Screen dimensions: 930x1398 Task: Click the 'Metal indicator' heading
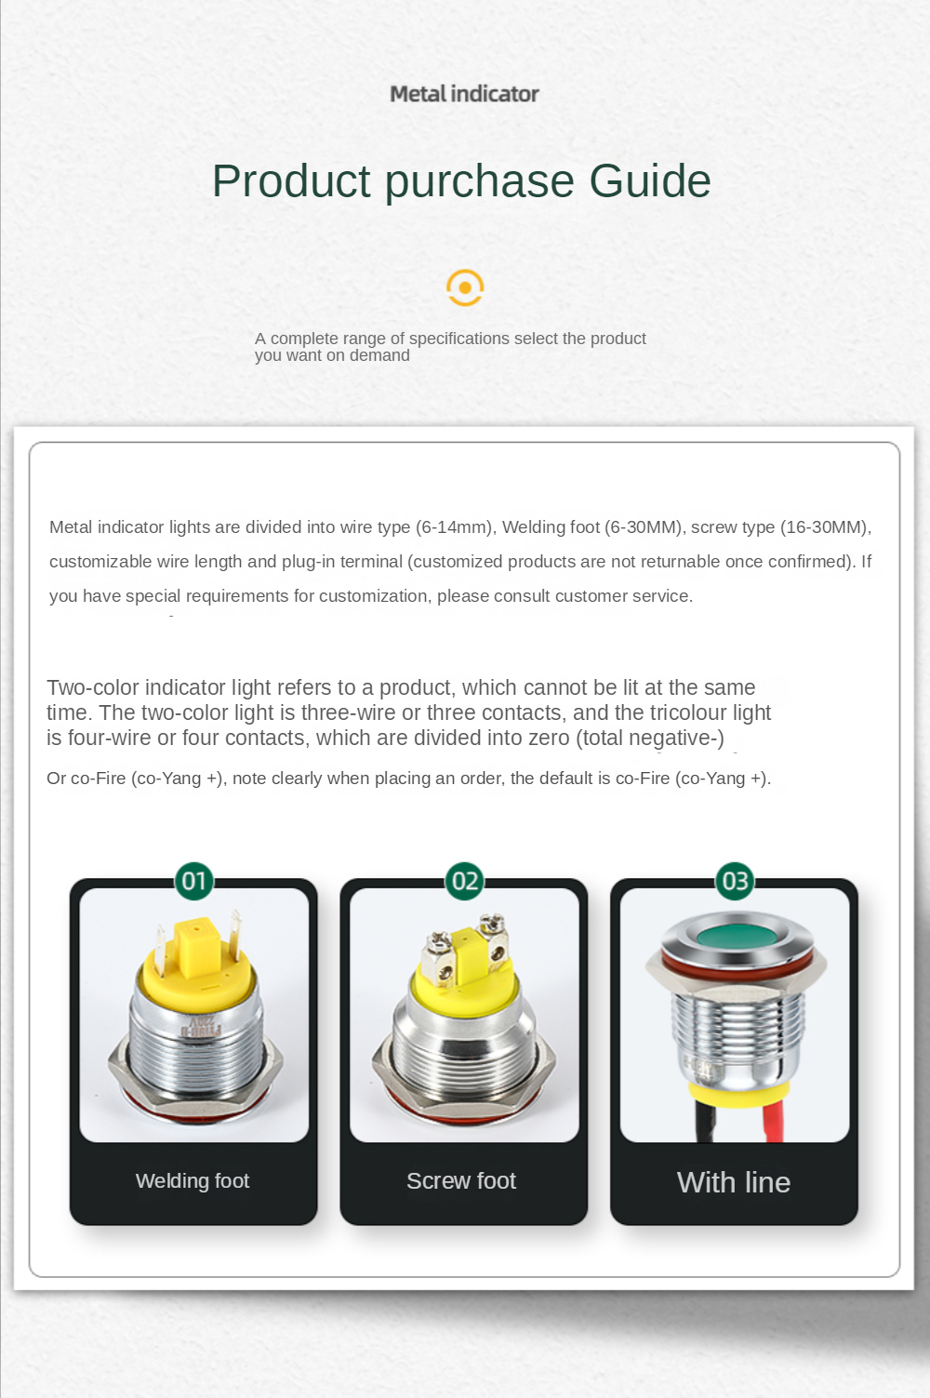click(464, 94)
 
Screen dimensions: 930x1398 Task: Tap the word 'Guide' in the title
click(650, 181)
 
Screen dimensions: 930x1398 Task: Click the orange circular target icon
click(465, 287)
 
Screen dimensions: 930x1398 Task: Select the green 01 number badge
click(194, 881)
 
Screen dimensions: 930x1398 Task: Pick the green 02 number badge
click(464, 881)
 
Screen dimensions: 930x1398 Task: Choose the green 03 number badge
click(735, 881)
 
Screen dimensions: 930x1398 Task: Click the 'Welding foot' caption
click(193, 1180)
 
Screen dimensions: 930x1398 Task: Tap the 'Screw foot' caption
click(461, 1180)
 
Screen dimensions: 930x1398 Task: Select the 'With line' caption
click(734, 1182)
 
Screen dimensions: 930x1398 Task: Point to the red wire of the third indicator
click(774, 1124)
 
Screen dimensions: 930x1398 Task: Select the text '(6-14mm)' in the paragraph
click(453, 527)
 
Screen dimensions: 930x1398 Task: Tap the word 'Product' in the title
click(291, 181)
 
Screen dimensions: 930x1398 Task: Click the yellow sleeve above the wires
click(737, 1096)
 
